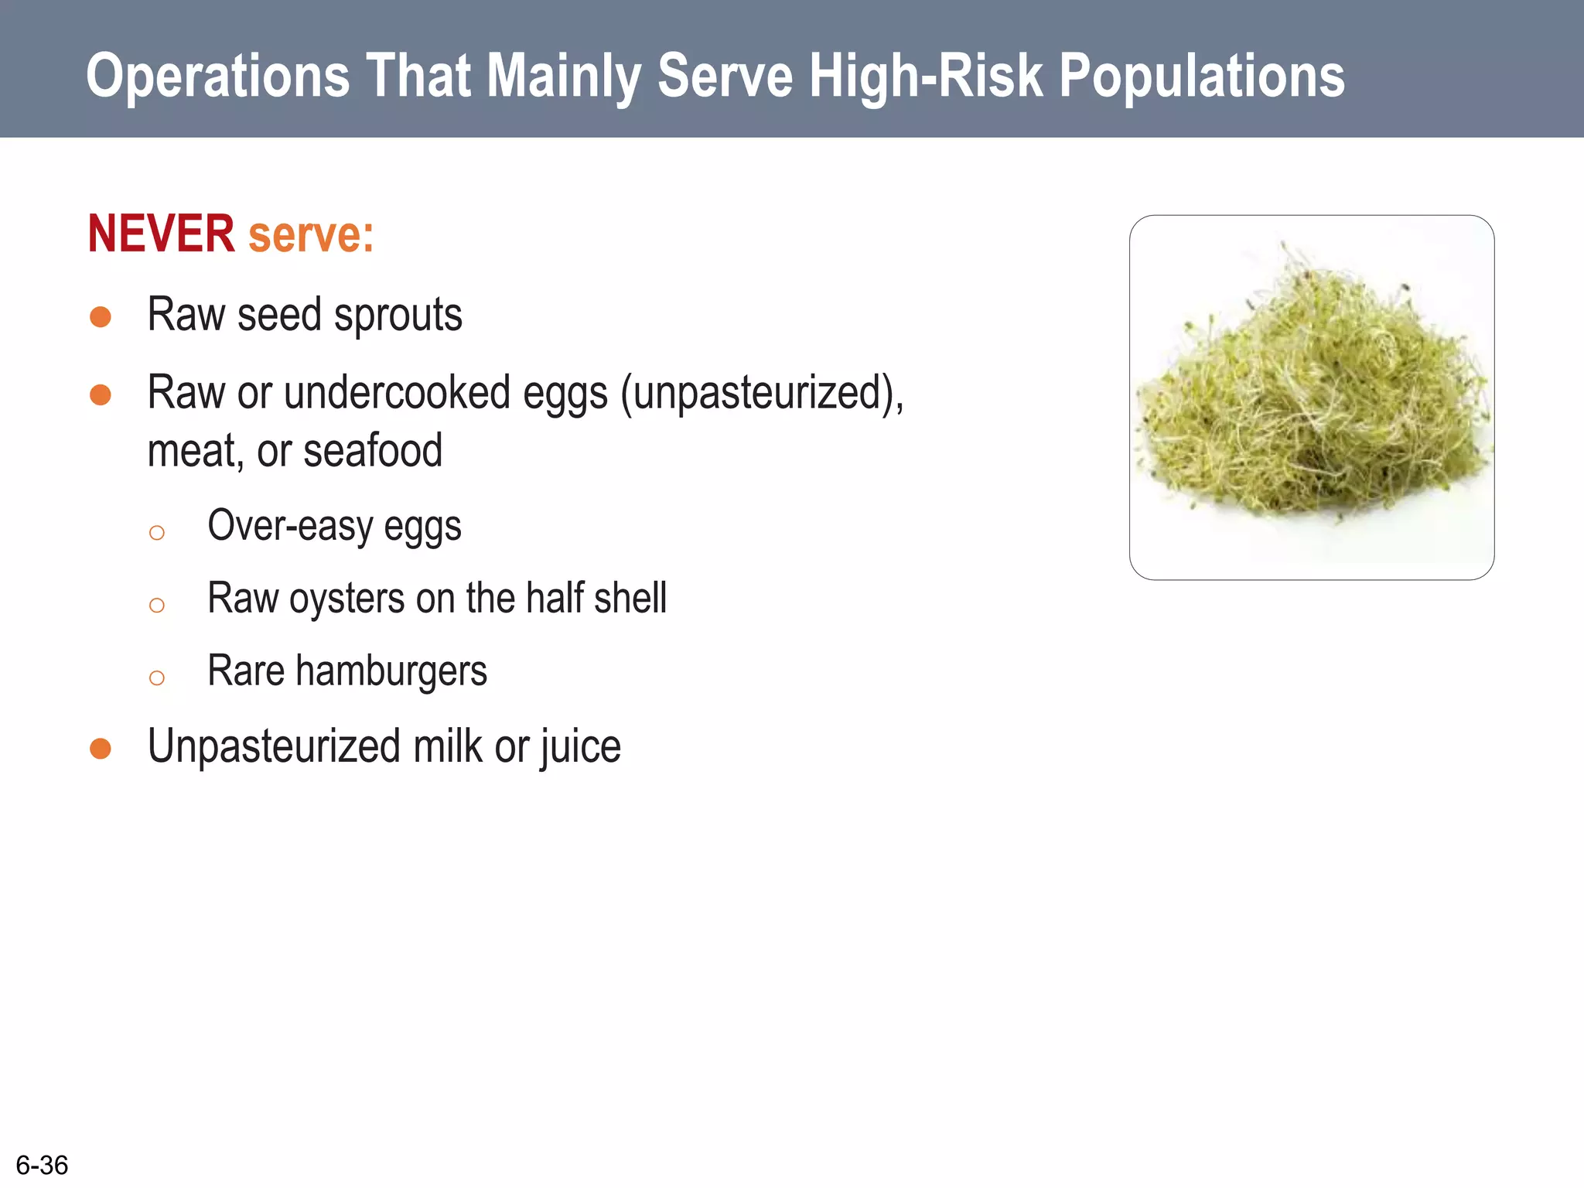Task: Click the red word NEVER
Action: (161, 234)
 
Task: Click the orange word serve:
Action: (311, 234)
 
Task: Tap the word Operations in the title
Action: (218, 76)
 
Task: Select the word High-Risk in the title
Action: (926, 76)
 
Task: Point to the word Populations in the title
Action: (1201, 76)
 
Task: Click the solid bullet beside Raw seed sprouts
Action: (101, 317)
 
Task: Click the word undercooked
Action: (397, 393)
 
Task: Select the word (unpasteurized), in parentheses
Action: (762, 393)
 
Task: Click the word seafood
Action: (373, 451)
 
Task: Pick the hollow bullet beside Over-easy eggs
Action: (157, 533)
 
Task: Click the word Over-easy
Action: (290, 526)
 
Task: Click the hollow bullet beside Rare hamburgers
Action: (157, 678)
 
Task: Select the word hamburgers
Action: (391, 671)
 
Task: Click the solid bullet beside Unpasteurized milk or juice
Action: (101, 749)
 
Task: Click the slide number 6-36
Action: (42, 1165)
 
